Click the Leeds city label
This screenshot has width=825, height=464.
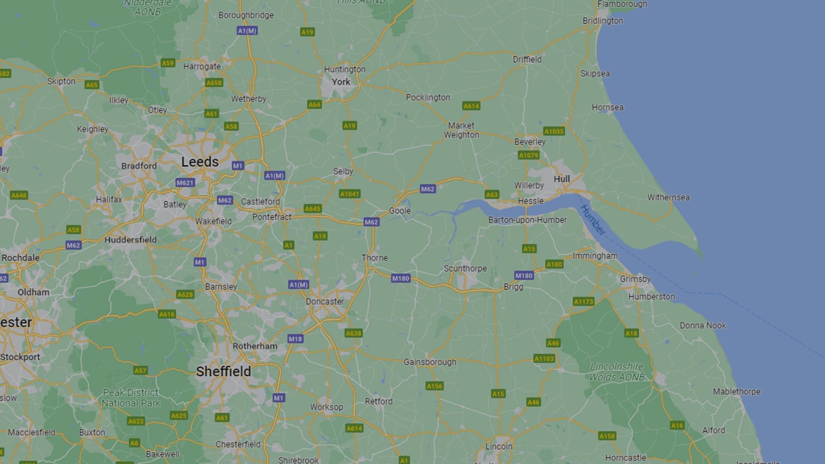[x=200, y=162]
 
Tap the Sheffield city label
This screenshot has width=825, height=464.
[x=223, y=371]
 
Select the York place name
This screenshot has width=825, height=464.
[x=341, y=82]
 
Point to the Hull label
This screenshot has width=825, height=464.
[x=562, y=179]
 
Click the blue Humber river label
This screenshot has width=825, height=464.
[x=593, y=220]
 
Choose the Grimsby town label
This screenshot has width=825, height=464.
[x=635, y=279]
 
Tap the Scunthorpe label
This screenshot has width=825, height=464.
[x=465, y=268]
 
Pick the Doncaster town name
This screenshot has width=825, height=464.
[x=325, y=301]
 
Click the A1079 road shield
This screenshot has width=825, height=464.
[x=529, y=155]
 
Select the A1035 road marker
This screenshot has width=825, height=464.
[x=553, y=131]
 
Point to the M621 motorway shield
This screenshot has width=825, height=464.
[x=185, y=183]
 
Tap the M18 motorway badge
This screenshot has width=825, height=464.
[x=295, y=339]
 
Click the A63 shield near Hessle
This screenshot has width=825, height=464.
[x=492, y=194]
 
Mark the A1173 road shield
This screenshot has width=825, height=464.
[x=584, y=302]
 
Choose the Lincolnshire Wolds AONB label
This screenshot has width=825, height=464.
[x=617, y=372]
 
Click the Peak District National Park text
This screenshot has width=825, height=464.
[x=131, y=398]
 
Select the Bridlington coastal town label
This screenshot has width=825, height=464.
[x=602, y=21]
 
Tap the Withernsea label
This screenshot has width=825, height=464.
[x=668, y=197]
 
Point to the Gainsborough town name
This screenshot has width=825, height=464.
[x=430, y=362]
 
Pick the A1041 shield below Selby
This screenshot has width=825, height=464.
[x=350, y=194]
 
